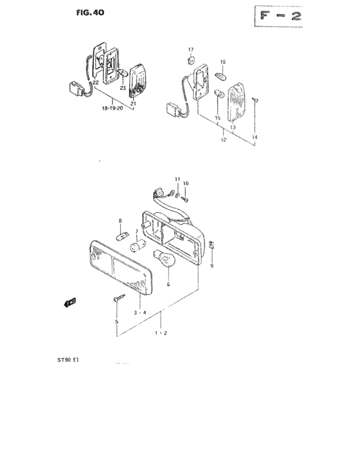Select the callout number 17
point(190,50)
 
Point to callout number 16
point(223,62)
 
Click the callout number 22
point(94,83)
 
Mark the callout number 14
point(254,138)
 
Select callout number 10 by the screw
point(186,184)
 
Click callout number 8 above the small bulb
point(119,221)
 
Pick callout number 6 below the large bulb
point(168,283)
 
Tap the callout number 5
point(116,321)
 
